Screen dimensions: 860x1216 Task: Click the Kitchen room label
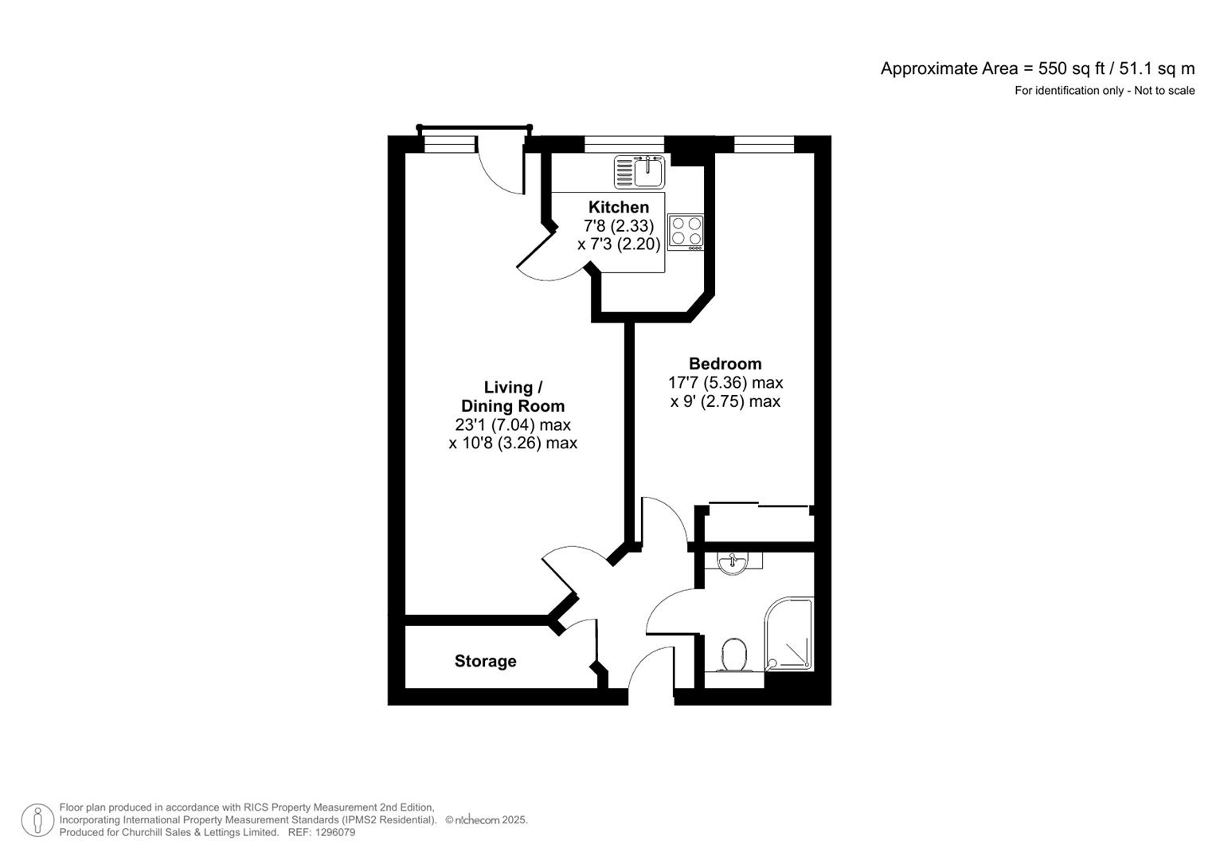(x=618, y=207)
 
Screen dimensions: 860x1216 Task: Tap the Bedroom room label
(x=725, y=364)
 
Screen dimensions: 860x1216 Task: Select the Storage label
(x=485, y=661)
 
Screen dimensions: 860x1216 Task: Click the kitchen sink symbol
(x=639, y=171)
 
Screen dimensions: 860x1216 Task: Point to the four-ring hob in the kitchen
(x=686, y=231)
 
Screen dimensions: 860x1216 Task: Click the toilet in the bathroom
(x=733, y=655)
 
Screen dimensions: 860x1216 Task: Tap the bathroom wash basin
(x=732, y=564)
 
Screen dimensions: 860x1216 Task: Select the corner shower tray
(x=789, y=634)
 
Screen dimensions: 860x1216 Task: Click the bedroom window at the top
(x=764, y=144)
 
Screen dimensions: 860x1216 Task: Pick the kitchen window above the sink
(x=624, y=144)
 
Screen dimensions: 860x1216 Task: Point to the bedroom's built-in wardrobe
(x=757, y=522)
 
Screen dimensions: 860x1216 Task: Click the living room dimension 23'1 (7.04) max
(x=513, y=424)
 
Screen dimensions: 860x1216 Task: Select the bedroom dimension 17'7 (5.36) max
(x=725, y=383)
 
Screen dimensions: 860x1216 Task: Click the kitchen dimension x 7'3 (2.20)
(x=619, y=244)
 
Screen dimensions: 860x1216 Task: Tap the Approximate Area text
(x=1037, y=68)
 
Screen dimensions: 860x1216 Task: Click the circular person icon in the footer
(x=37, y=820)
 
